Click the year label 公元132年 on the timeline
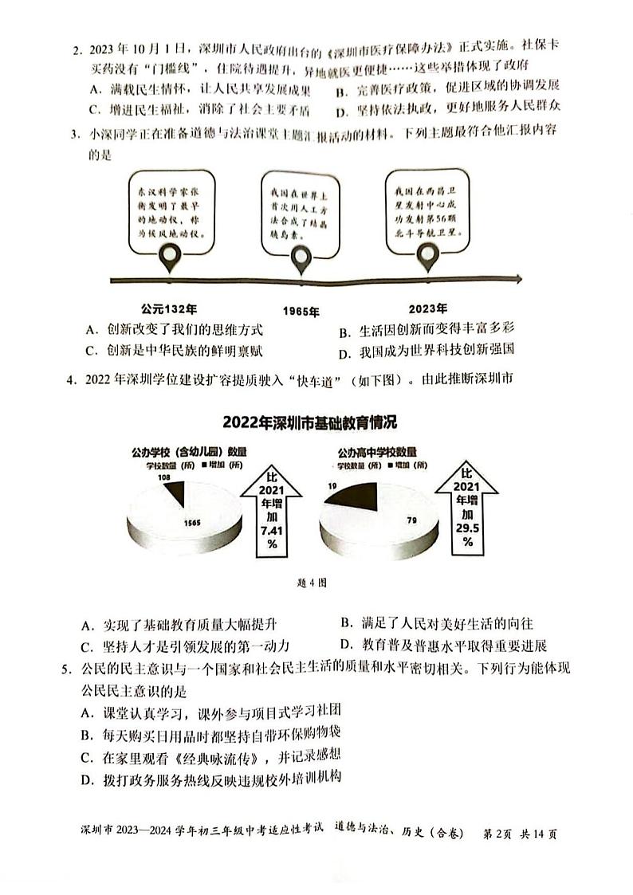click(169, 308)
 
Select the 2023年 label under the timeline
click(427, 308)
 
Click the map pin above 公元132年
click(169, 257)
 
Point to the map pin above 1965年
click(301, 258)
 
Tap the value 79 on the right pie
click(413, 521)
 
